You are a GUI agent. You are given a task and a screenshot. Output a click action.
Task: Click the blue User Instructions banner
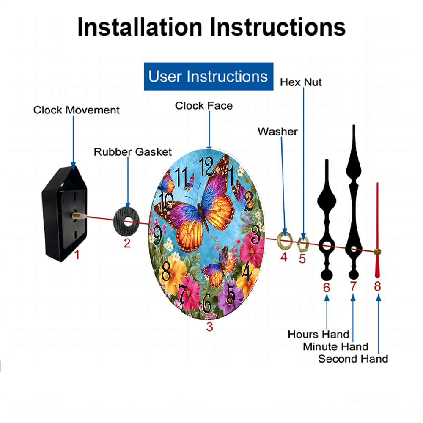click(x=209, y=76)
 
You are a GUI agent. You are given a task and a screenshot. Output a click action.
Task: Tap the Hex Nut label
click(x=301, y=82)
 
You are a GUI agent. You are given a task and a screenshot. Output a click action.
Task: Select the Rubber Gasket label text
click(x=133, y=152)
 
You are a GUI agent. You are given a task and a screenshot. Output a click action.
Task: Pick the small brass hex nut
click(x=303, y=244)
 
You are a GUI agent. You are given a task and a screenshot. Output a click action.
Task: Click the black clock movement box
click(x=65, y=213)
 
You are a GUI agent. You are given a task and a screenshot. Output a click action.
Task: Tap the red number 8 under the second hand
click(x=377, y=286)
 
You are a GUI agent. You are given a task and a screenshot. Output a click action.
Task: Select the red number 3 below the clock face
click(x=210, y=327)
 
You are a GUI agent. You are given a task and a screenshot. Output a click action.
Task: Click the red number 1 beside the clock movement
click(x=77, y=254)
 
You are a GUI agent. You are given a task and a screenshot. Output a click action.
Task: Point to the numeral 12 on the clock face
click(x=206, y=166)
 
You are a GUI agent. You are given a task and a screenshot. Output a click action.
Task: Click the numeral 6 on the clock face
click(x=207, y=303)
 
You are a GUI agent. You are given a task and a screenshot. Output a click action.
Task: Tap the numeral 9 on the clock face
click(x=157, y=235)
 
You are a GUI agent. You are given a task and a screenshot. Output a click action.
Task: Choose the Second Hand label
click(x=353, y=359)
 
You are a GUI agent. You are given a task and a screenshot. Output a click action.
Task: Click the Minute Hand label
click(x=335, y=347)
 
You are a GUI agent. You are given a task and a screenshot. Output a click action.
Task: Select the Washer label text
click(x=277, y=132)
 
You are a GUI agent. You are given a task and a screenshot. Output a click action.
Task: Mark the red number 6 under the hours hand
click(x=327, y=288)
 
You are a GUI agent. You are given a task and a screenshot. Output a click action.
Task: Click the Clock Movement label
click(x=76, y=110)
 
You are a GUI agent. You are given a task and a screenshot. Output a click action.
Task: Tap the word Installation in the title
click(x=140, y=27)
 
